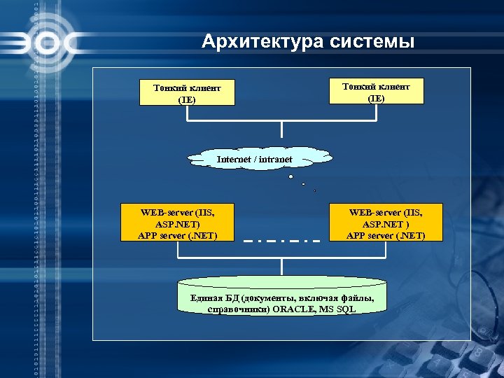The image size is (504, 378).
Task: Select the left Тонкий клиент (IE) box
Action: (187, 93)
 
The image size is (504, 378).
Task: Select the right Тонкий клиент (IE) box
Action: (376, 91)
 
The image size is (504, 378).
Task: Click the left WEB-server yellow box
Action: (178, 223)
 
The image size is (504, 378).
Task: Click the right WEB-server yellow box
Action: (385, 223)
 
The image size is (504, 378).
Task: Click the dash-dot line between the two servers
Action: (281, 241)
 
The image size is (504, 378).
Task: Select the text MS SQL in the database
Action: (338, 309)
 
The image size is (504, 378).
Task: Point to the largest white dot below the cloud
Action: (290, 177)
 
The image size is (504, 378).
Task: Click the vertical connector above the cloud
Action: (281, 131)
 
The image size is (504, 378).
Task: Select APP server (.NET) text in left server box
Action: (178, 235)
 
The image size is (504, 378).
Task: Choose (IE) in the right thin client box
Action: (376, 98)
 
